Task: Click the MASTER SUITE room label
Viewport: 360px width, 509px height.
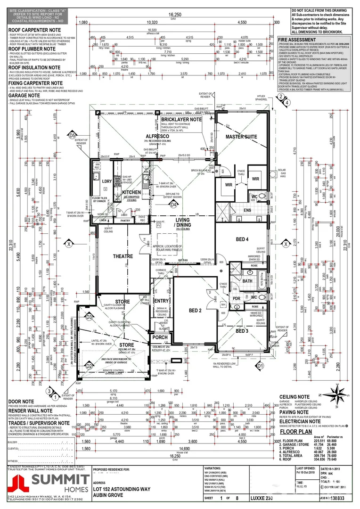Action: coord(241,137)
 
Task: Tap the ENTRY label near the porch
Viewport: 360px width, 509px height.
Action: coord(161,301)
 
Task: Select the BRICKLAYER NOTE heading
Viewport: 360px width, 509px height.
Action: coord(181,120)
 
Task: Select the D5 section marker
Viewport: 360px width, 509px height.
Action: coord(72,136)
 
